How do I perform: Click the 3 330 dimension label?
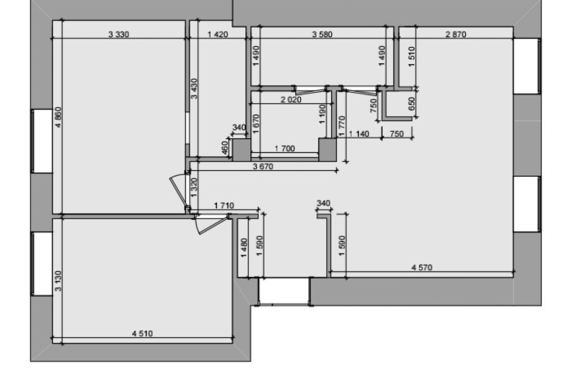(x=119, y=35)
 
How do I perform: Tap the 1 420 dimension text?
(x=218, y=35)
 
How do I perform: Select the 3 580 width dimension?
(x=322, y=35)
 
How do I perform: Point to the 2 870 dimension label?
(x=456, y=35)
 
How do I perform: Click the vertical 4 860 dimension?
(x=59, y=117)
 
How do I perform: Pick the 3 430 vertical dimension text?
(x=194, y=89)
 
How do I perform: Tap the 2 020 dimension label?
(x=291, y=100)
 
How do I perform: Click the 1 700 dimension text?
(x=285, y=149)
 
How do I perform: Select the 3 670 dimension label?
(x=263, y=166)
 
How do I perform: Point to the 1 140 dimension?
(x=359, y=134)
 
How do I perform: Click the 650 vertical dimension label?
(x=411, y=104)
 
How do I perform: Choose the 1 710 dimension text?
(x=224, y=206)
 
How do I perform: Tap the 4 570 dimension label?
(x=422, y=268)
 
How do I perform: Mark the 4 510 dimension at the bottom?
(x=143, y=333)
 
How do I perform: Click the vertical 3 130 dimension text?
(x=59, y=281)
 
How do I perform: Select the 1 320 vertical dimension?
(x=194, y=187)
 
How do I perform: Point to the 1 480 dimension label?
(x=244, y=248)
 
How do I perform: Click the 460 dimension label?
(x=225, y=147)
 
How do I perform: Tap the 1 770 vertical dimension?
(x=342, y=126)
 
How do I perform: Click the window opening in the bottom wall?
(x=284, y=291)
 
